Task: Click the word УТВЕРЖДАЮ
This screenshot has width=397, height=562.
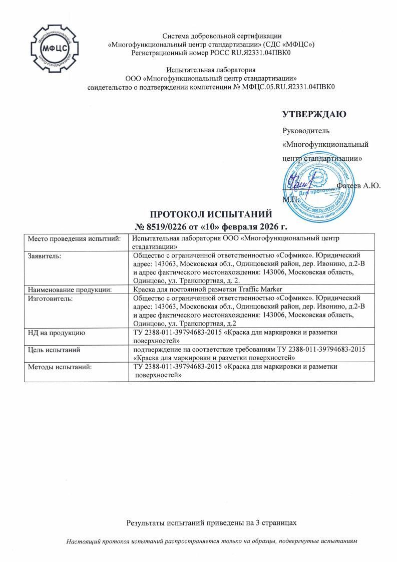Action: click(x=314, y=114)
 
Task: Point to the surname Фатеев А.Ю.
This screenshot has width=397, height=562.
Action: click(x=359, y=186)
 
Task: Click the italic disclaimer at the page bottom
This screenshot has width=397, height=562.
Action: click(x=212, y=542)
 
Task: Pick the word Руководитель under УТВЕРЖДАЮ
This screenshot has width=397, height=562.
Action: click(x=306, y=131)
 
